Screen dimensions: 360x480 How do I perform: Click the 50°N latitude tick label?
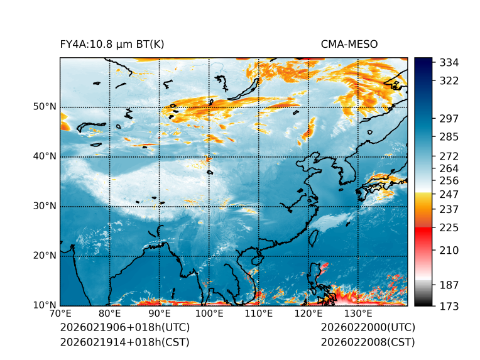[45, 107]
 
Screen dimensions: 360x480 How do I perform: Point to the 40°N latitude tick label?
[45, 156]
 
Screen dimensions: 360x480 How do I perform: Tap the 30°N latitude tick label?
[45, 206]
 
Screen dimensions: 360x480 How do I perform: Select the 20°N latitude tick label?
[45, 256]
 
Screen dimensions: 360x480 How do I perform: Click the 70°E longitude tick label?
[60, 314]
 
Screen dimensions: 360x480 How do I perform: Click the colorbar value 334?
[449, 63]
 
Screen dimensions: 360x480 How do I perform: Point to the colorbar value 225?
[449, 227]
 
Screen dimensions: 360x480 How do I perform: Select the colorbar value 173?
[449, 306]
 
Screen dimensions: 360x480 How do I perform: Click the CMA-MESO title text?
[349, 44]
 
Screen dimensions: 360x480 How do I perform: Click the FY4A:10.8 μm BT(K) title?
[112, 44]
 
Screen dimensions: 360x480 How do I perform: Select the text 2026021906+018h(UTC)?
[124, 327]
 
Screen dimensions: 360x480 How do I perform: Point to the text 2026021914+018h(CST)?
[124, 342]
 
